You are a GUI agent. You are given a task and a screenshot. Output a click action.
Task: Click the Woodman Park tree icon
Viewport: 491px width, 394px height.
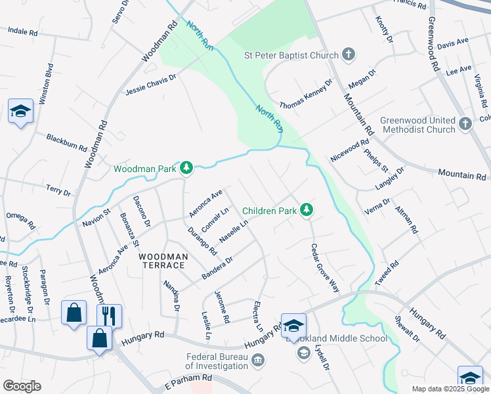coord(187,169)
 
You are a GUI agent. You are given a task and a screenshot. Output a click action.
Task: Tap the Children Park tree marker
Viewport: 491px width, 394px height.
coord(306,211)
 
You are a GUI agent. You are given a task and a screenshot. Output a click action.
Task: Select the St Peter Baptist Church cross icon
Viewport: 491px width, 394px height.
coord(349,55)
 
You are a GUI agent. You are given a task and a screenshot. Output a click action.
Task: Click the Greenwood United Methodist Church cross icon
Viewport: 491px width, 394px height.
coord(465,124)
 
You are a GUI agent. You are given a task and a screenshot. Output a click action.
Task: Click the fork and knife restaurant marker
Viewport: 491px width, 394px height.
coord(109,315)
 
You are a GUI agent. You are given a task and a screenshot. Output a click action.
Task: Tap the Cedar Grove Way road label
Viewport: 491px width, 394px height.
coord(326,268)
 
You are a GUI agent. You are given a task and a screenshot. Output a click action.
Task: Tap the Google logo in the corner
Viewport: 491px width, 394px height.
coord(22,385)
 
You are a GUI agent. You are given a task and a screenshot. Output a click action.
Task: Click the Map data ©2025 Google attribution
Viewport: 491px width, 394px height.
coord(450,389)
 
